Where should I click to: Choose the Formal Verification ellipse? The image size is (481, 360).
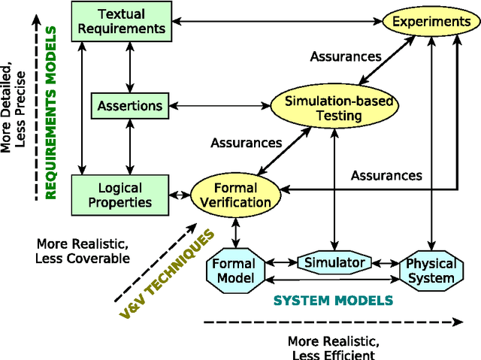[x=235, y=194]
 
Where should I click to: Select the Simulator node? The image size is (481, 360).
[x=334, y=262]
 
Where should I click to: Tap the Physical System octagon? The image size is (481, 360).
[x=431, y=271]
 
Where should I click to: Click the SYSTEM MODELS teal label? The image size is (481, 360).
[x=332, y=301]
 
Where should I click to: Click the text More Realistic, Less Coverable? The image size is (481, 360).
[x=83, y=251]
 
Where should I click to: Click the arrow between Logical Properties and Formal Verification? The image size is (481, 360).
[x=180, y=195]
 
